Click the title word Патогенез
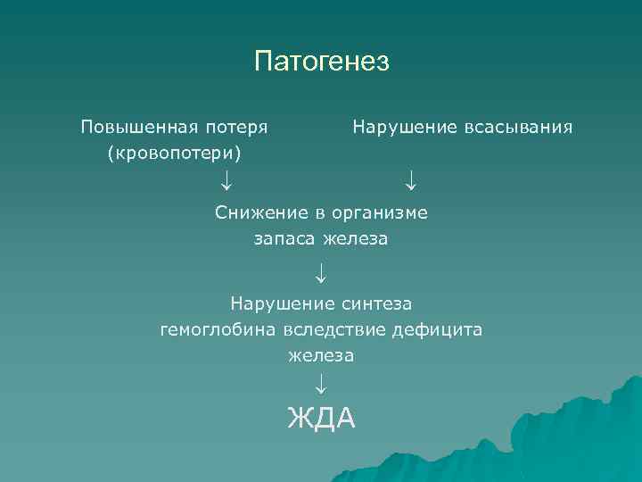click(322, 62)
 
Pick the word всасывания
click(518, 127)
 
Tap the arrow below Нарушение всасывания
click(409, 182)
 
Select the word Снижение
click(259, 212)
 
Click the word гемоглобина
click(218, 330)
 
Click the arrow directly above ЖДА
click(321, 385)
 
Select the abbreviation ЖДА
click(321, 418)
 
